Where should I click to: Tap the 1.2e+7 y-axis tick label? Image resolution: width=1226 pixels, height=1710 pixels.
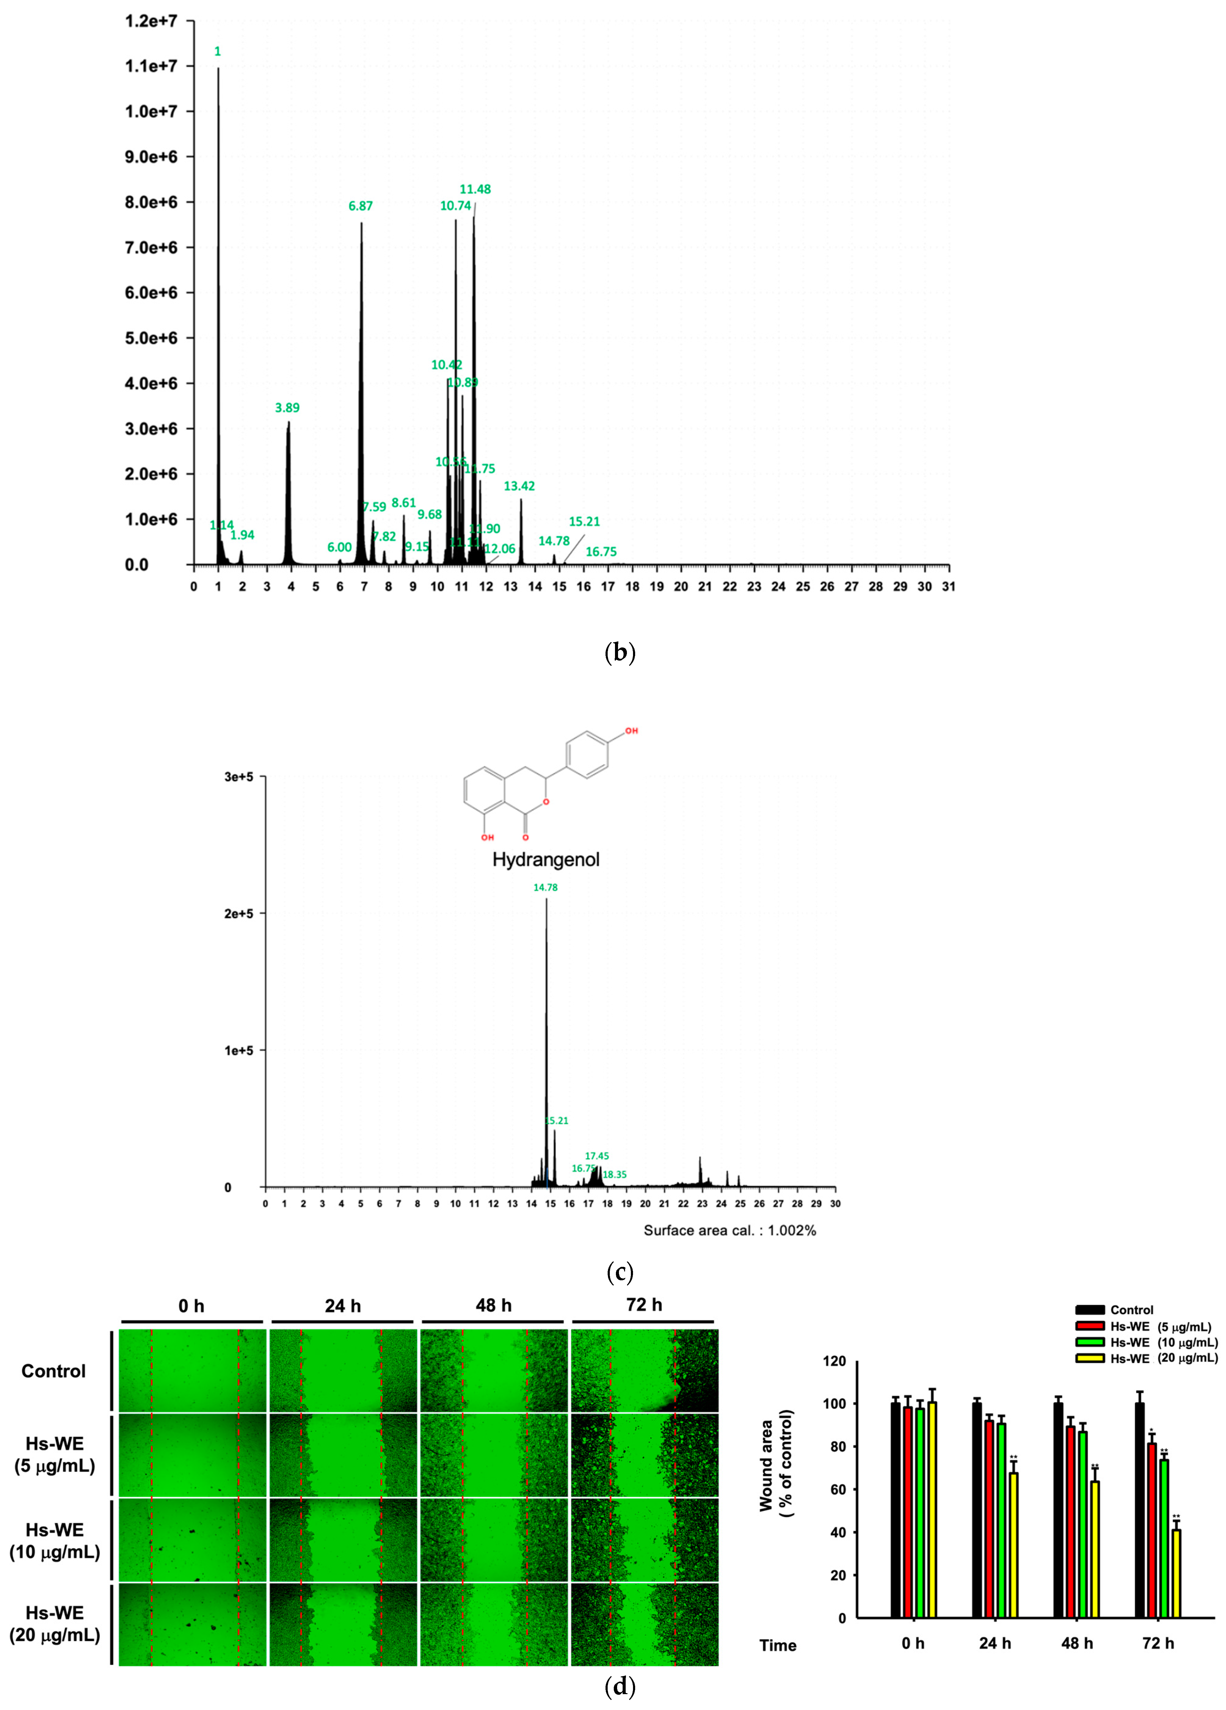pos(151,21)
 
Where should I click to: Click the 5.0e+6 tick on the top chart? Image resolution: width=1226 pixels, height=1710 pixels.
pos(151,338)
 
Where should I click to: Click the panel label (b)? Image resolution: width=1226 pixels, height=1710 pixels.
pos(620,652)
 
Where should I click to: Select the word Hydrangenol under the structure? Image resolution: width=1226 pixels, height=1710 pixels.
pos(546,859)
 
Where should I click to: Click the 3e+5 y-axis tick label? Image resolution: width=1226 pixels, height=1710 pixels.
pos(238,777)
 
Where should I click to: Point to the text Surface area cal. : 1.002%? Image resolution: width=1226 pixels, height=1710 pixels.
pos(729,1231)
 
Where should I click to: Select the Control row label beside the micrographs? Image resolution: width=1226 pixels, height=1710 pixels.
pos(53,1371)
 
